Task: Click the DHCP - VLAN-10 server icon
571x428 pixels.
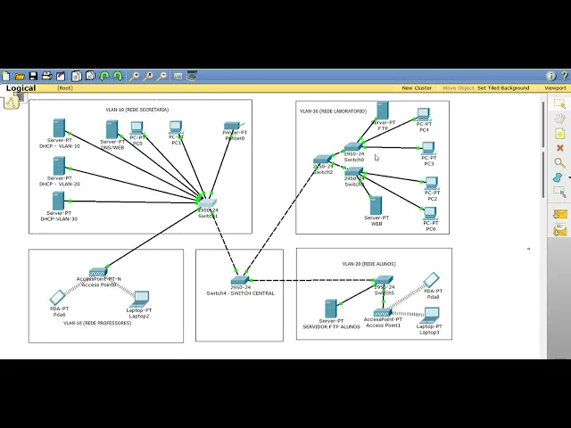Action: (x=59, y=128)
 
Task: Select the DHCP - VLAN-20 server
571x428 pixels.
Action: (x=59, y=166)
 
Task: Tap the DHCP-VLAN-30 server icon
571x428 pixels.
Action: (x=59, y=201)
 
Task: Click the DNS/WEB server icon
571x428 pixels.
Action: (x=112, y=129)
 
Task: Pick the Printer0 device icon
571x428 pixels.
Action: (x=234, y=127)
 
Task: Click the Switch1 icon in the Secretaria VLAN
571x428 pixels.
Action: (x=207, y=203)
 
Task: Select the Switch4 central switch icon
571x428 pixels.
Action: (x=239, y=281)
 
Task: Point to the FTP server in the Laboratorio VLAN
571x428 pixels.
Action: (x=382, y=111)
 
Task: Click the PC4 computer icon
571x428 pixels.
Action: (x=424, y=116)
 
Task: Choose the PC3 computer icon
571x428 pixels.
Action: (x=428, y=149)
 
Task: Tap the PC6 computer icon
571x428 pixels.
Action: (x=431, y=215)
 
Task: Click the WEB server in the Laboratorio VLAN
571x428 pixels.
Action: (x=376, y=205)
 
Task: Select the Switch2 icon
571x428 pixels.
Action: (x=322, y=161)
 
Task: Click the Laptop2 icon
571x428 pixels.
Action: (x=140, y=300)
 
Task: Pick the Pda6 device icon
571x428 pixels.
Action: (x=58, y=298)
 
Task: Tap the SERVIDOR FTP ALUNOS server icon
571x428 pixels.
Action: (x=331, y=309)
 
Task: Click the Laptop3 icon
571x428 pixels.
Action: (x=431, y=316)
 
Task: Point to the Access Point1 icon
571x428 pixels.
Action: (x=382, y=312)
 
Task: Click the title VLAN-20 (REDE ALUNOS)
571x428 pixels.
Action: (x=368, y=264)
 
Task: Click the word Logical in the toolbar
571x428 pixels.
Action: (x=21, y=88)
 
